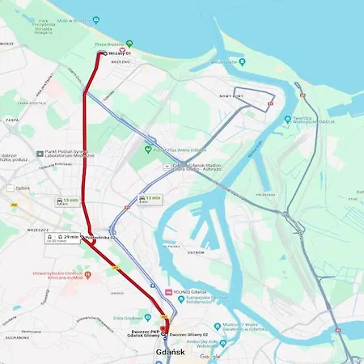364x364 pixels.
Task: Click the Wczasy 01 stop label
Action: (120, 53)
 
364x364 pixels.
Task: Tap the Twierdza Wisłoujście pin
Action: (287, 119)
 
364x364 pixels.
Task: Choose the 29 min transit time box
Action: (66, 237)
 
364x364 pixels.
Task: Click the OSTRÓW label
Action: (194, 252)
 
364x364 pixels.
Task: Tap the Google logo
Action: (210, 356)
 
